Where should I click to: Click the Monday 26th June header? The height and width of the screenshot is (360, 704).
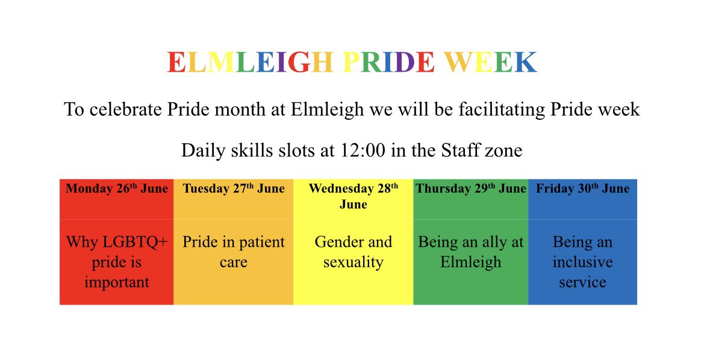point(117,189)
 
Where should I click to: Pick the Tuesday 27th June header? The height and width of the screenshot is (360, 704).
point(234,189)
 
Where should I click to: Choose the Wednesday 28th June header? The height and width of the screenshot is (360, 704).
point(354,196)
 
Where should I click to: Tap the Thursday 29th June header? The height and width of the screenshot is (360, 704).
point(471,189)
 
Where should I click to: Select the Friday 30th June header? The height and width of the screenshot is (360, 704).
point(582,189)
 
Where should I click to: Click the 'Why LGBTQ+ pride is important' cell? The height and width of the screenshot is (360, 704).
point(117,262)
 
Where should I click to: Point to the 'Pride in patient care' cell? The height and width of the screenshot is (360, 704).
point(234,252)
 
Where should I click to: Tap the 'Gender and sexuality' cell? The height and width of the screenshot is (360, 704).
point(354,252)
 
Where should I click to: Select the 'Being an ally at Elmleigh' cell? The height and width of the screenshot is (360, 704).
point(471,252)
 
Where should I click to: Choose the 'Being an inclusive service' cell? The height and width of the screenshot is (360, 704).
point(582,262)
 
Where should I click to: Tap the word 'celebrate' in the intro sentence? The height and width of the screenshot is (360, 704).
point(128,110)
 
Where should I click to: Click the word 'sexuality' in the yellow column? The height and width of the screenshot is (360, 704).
point(354,262)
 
